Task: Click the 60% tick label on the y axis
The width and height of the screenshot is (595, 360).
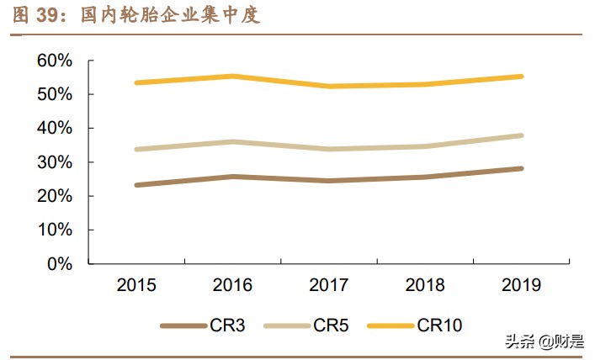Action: (x=55, y=61)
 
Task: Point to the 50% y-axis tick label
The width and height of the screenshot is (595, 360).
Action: (x=55, y=94)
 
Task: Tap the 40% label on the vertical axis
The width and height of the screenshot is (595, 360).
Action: (x=55, y=128)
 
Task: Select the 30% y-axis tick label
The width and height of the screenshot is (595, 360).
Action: (x=55, y=161)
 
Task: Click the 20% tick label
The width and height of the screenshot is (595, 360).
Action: (x=55, y=195)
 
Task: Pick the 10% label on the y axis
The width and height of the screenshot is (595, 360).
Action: (x=55, y=230)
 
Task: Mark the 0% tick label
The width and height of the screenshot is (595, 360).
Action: (x=60, y=263)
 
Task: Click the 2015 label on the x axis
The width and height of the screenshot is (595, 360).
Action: (x=136, y=286)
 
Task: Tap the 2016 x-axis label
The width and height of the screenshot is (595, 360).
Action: (x=232, y=286)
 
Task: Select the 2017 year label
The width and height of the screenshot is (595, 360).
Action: (x=329, y=286)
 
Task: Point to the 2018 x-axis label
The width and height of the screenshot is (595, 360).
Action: (x=426, y=286)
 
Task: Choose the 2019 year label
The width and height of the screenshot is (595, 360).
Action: (x=522, y=286)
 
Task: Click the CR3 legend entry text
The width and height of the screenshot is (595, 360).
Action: (x=227, y=326)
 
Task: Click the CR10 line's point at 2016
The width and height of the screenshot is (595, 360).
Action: (x=232, y=77)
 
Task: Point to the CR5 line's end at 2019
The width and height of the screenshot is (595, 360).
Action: (x=522, y=135)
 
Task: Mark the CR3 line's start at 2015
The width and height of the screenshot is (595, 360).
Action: (x=136, y=185)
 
